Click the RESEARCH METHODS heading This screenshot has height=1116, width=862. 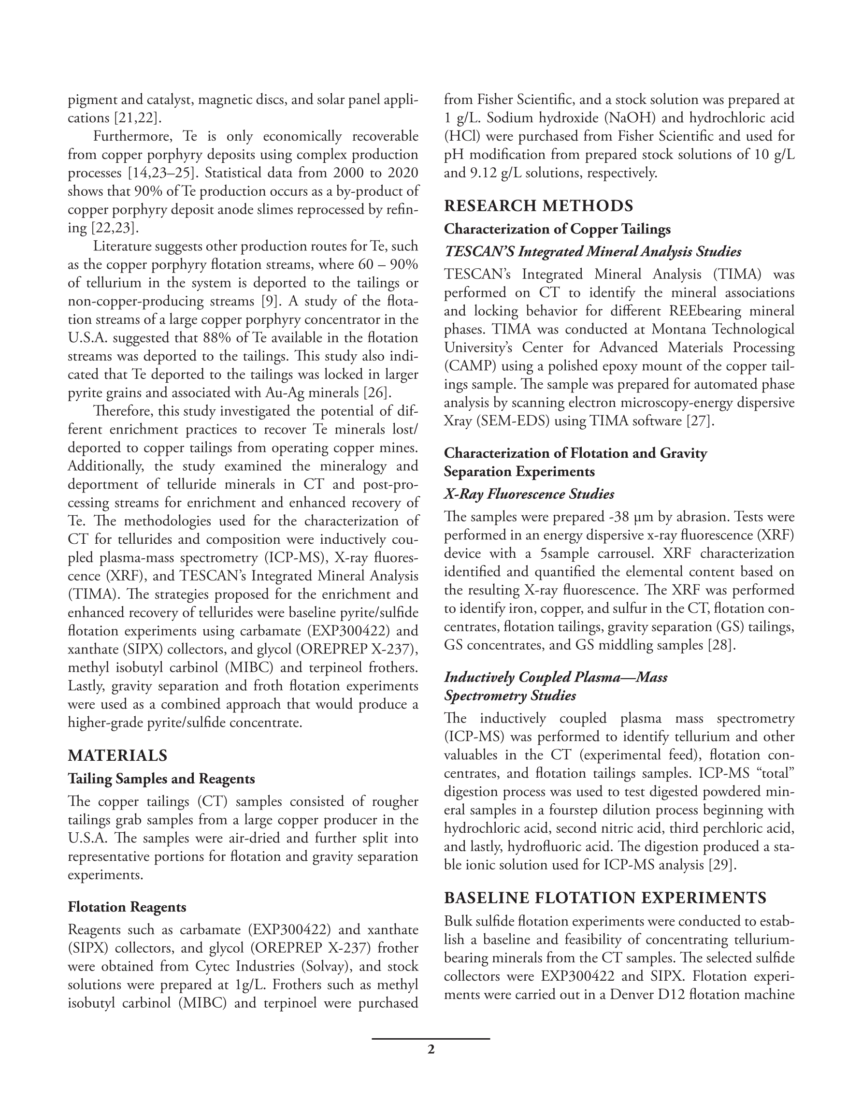click(x=538, y=206)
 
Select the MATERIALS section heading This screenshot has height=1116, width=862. click(x=117, y=755)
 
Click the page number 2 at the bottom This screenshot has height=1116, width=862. click(x=431, y=1050)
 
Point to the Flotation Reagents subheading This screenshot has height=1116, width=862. click(x=127, y=907)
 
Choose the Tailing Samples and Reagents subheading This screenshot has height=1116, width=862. click(x=161, y=779)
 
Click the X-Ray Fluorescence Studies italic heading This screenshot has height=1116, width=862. click(x=529, y=494)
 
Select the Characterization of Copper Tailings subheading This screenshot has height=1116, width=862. click(x=557, y=229)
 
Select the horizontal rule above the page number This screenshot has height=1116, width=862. click(x=431, y=1039)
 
